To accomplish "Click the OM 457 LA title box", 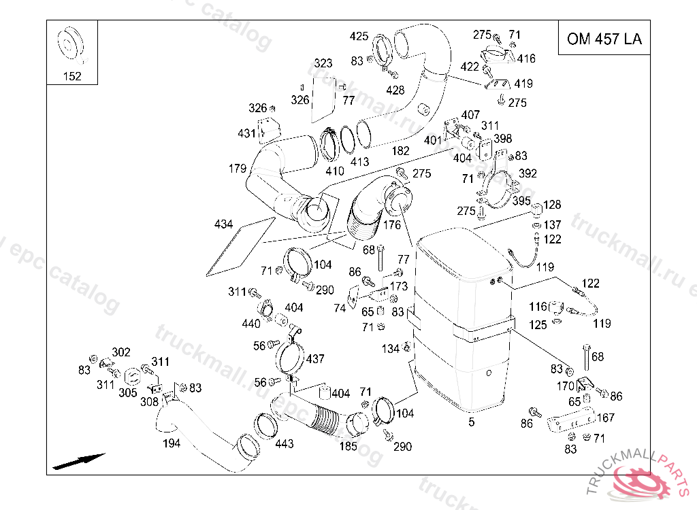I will click(x=604, y=39).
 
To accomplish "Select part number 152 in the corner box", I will click(x=72, y=76).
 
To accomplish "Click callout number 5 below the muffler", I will click(x=471, y=422).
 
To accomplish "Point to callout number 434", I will click(x=223, y=224).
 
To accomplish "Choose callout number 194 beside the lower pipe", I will click(x=172, y=444).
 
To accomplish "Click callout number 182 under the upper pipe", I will click(x=401, y=150).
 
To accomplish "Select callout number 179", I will click(x=237, y=168).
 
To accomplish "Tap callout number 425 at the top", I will click(x=359, y=36).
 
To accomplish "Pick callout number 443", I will click(x=285, y=444).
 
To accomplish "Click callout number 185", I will click(x=348, y=447).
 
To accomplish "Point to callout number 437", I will click(x=315, y=358).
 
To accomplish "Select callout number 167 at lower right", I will click(x=606, y=418).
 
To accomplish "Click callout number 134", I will click(x=390, y=349).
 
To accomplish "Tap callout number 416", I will click(x=526, y=59).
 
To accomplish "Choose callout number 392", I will click(x=528, y=173).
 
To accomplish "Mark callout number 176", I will click(x=392, y=225).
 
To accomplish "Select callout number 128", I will click(x=552, y=205).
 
